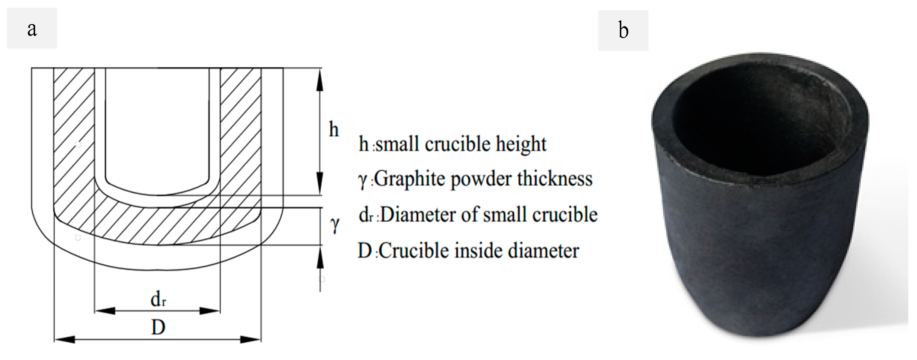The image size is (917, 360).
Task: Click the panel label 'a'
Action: tap(32, 28)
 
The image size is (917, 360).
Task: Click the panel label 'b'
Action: tap(623, 30)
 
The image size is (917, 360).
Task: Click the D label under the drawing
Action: tap(158, 327)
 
